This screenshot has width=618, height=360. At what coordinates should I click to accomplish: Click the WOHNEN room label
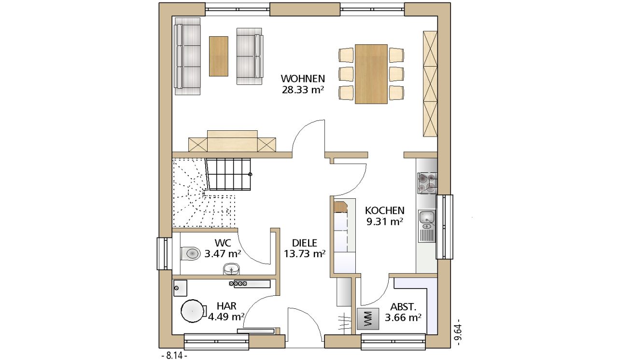[303, 79]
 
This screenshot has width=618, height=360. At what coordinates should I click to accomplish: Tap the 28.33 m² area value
[303, 90]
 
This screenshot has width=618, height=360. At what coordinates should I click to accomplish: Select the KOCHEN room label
[385, 210]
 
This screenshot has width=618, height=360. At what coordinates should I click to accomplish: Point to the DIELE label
[305, 243]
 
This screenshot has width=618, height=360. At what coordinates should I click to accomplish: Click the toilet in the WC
[190, 253]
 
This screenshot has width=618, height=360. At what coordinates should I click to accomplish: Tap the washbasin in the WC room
[231, 269]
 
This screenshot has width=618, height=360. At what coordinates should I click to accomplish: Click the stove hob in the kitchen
[427, 183]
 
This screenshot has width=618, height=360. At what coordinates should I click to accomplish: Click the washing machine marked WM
[368, 318]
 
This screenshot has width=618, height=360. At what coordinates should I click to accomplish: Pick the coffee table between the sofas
[219, 56]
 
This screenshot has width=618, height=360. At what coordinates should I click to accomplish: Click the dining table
[371, 74]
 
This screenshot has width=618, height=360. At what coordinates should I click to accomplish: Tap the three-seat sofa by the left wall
[188, 56]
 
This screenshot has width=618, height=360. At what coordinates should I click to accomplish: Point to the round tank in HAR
[193, 311]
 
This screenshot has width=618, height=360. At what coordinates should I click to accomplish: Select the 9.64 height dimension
[458, 332]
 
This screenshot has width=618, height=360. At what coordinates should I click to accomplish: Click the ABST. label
[403, 307]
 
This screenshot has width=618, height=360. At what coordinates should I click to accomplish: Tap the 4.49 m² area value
[226, 317]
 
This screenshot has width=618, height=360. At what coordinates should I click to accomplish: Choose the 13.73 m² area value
[305, 254]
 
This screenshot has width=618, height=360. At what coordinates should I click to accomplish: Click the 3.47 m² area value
[223, 254]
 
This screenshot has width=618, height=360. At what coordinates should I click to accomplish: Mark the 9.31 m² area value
[385, 222]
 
